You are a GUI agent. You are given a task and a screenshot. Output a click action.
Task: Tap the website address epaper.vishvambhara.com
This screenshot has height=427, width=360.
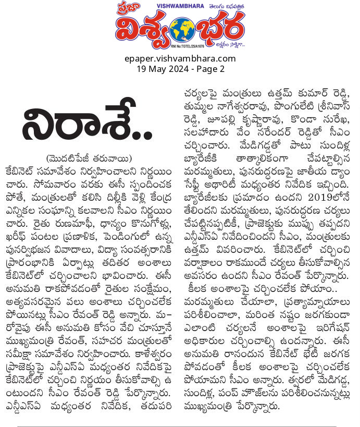point(180,58)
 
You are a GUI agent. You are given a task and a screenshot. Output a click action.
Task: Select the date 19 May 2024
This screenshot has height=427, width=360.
point(165,68)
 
